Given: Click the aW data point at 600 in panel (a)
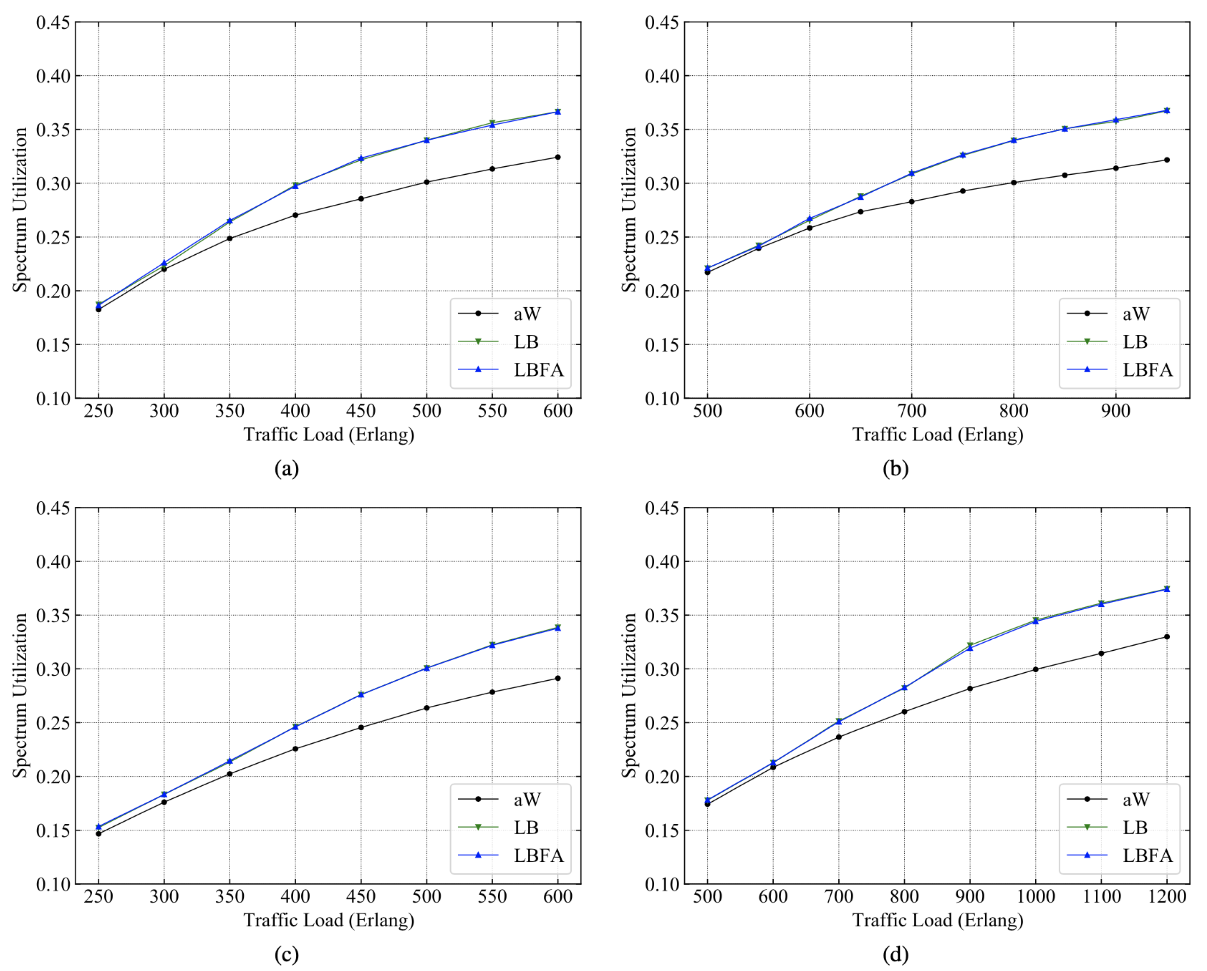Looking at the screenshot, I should (558, 157).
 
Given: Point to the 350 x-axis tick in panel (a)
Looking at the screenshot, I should (229, 411).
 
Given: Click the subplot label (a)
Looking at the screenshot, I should (287, 468).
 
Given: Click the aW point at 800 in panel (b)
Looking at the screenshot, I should (1013, 182).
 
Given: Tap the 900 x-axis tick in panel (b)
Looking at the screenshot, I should (1116, 411).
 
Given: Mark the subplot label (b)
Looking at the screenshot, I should (895, 468).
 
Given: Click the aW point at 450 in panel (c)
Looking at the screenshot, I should (361, 728).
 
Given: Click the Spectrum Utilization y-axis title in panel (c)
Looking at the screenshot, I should (20, 695).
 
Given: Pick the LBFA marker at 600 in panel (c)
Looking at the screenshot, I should (558, 628).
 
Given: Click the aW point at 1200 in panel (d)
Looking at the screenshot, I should (1167, 637).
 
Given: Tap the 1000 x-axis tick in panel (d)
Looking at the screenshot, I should (1035, 897).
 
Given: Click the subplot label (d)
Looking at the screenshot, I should (895, 954).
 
